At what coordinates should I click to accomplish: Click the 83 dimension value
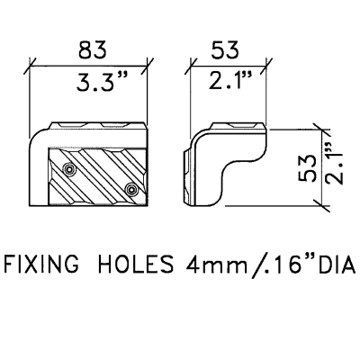[93, 49]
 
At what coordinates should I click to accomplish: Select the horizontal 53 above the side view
[225, 49]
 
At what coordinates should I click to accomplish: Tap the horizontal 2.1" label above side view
[229, 80]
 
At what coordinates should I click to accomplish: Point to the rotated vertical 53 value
[308, 168]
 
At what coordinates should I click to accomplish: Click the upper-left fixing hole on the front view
[69, 169]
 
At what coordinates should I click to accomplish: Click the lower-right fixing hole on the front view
[131, 189]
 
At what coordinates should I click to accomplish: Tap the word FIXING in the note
[42, 265]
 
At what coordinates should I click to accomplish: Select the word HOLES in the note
[136, 265]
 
